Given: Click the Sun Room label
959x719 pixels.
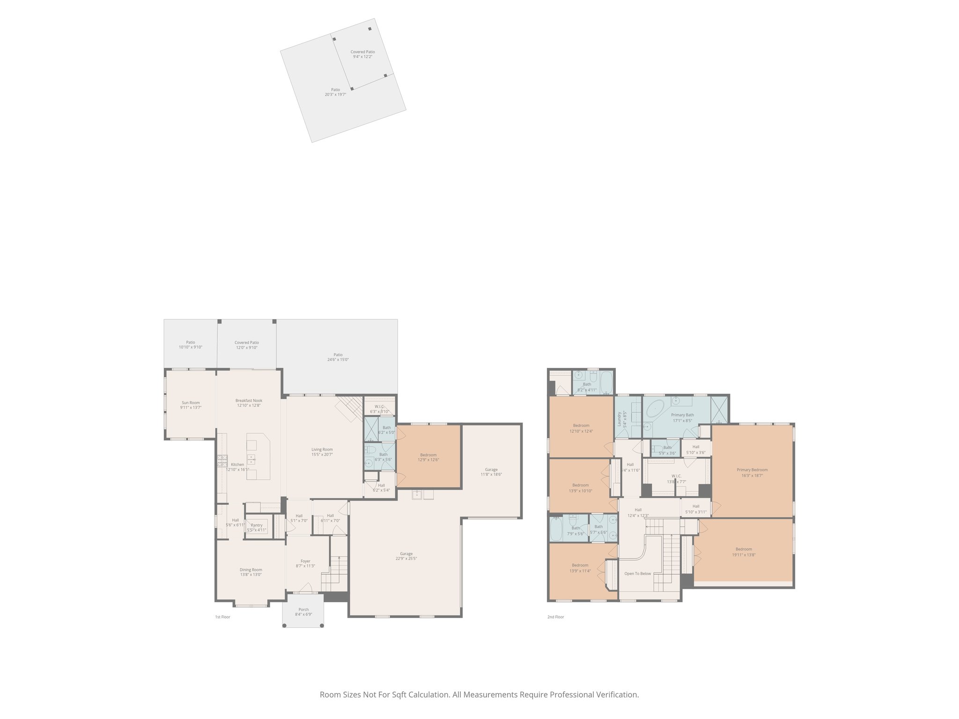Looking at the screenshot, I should click(191, 403).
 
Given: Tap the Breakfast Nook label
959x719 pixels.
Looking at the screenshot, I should click(249, 401).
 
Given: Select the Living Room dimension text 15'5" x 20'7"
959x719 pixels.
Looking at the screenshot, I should click(322, 455).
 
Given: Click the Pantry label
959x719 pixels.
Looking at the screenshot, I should click(257, 525).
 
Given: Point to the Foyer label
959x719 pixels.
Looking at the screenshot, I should click(305, 561).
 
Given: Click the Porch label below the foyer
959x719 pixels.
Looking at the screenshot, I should click(303, 609).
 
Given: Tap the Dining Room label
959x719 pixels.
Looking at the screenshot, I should click(251, 570).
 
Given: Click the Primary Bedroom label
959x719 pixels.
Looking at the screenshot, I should click(752, 470).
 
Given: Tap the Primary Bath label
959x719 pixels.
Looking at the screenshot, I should click(682, 415).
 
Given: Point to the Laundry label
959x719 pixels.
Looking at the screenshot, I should click(619, 419).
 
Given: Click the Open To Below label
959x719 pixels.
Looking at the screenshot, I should click(637, 573).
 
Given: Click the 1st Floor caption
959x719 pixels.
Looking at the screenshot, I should click(222, 617).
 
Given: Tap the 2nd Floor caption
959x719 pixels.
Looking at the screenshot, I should click(555, 617).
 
